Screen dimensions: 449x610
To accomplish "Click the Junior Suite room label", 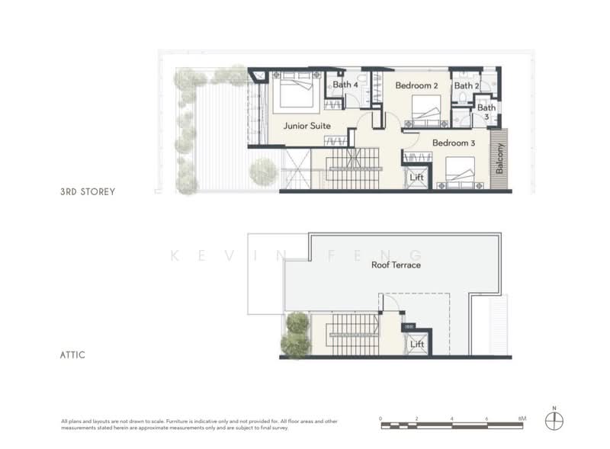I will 307,126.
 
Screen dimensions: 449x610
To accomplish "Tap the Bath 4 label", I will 345,85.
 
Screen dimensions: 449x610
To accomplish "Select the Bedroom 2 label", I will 416,86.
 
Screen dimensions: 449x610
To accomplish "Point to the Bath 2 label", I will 467,86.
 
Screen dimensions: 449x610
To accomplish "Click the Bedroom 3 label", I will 454,143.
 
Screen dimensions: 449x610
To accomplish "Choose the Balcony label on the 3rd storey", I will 500,159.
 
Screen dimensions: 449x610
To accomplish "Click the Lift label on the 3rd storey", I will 416,177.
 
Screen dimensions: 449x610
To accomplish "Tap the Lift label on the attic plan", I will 416,344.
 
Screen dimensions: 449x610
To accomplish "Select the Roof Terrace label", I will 396,265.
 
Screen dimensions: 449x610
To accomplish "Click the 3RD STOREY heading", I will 88,191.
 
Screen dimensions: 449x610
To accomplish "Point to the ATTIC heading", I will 74,354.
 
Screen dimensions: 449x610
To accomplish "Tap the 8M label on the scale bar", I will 522,419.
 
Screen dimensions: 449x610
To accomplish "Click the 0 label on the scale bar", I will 381,419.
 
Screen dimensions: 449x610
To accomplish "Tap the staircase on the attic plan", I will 352,335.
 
